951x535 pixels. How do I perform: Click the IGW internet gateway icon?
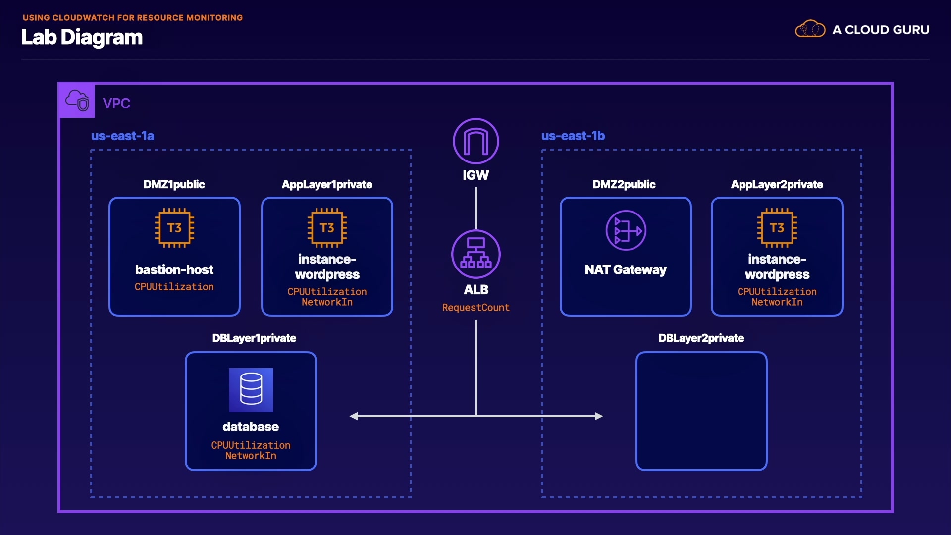tap(475, 141)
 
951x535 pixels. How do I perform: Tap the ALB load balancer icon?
tap(475, 254)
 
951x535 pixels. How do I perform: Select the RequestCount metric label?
tap(475, 308)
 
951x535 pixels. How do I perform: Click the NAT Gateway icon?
tap(626, 230)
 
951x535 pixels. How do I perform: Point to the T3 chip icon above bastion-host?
tap(174, 228)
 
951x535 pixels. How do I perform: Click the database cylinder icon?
tap(251, 389)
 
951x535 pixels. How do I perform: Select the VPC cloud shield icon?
tap(77, 101)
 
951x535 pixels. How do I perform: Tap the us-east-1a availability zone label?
tap(122, 136)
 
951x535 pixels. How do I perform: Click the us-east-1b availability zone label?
tap(573, 136)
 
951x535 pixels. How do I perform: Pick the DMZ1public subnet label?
tap(174, 184)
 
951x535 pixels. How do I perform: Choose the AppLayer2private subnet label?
tap(777, 184)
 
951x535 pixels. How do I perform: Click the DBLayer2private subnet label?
tap(701, 338)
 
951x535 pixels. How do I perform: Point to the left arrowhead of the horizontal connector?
tap(354, 416)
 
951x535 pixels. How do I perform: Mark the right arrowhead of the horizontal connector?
tap(599, 416)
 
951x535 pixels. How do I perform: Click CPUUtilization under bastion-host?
tap(174, 287)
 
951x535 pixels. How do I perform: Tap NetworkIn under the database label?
tap(251, 456)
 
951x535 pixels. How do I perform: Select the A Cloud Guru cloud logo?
tap(810, 29)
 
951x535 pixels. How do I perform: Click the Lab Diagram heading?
tap(82, 37)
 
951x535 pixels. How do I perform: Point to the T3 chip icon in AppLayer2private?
tap(777, 228)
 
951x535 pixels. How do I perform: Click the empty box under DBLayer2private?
tap(701, 411)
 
